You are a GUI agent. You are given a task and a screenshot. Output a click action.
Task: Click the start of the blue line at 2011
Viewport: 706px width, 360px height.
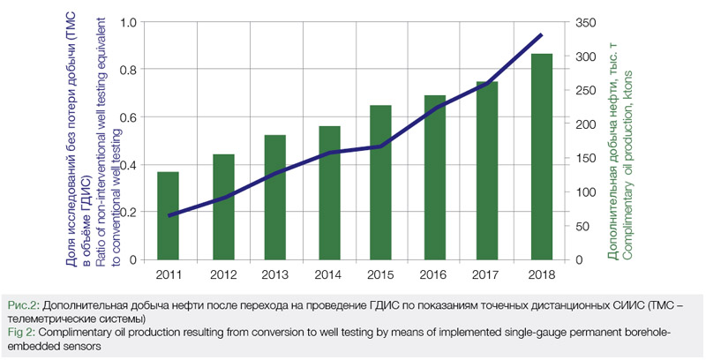169,215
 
